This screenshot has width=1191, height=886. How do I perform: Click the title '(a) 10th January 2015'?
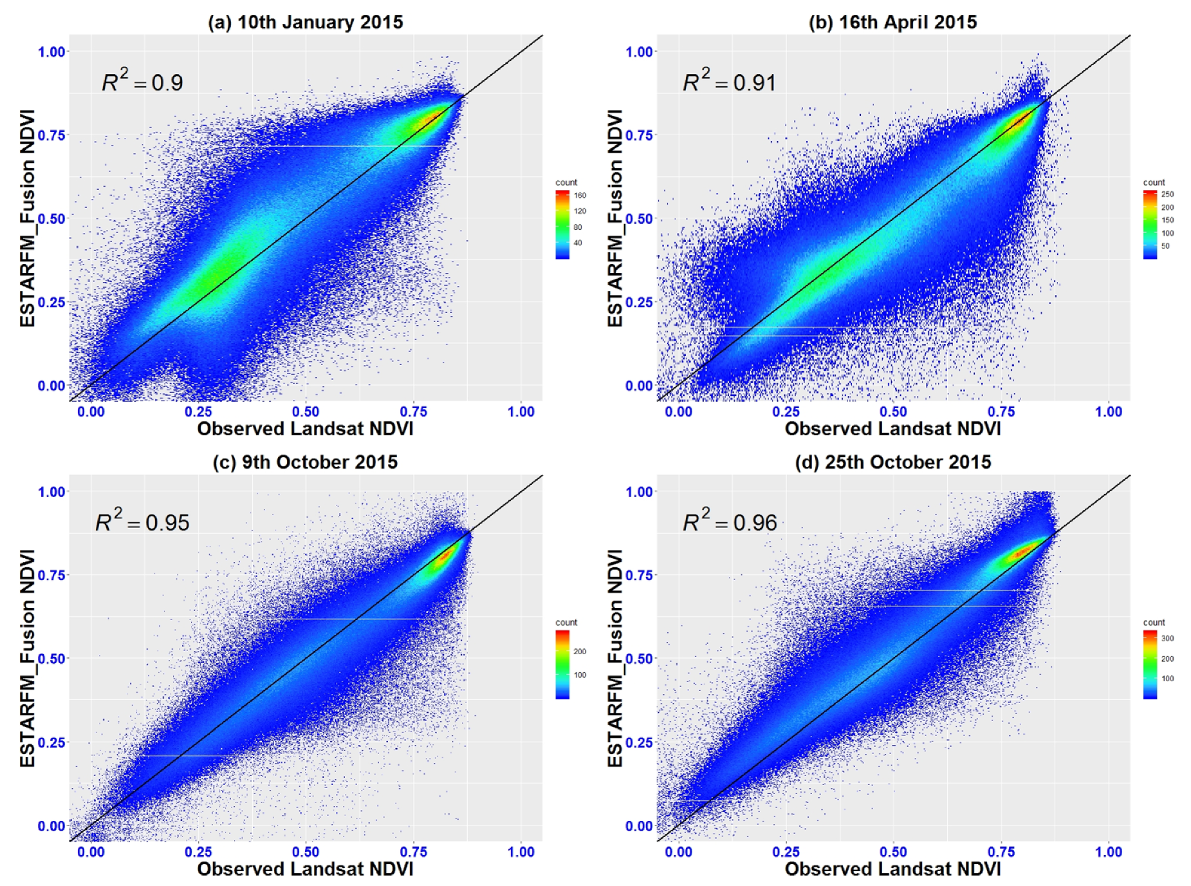[305, 22]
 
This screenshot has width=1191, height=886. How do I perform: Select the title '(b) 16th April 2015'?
[892, 22]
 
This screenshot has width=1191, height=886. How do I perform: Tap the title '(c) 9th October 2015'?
[305, 462]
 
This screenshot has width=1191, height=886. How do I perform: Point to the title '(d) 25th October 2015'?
[892, 462]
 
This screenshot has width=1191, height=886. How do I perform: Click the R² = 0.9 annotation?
[142, 81]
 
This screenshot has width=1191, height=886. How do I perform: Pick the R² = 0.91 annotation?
[729, 81]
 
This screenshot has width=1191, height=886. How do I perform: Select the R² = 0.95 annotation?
[142, 521]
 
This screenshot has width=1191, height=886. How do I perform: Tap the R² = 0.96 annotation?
[730, 521]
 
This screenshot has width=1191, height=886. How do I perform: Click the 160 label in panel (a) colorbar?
[580, 195]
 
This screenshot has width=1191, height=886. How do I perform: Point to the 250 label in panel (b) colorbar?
[1167, 194]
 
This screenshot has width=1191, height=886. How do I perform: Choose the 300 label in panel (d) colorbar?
[1167, 638]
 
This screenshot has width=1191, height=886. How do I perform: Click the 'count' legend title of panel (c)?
[566, 622]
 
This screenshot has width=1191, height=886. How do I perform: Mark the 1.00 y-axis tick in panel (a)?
[51, 52]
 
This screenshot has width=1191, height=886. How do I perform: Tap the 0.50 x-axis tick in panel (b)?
[893, 411]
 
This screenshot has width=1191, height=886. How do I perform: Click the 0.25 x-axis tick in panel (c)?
[198, 851]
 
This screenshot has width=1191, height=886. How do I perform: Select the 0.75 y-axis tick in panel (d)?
[639, 575]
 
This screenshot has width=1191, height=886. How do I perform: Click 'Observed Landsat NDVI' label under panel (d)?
[892, 869]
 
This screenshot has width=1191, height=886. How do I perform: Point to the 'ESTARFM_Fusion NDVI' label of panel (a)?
[27, 218]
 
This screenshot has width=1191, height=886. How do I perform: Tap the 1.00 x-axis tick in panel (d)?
[1108, 851]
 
